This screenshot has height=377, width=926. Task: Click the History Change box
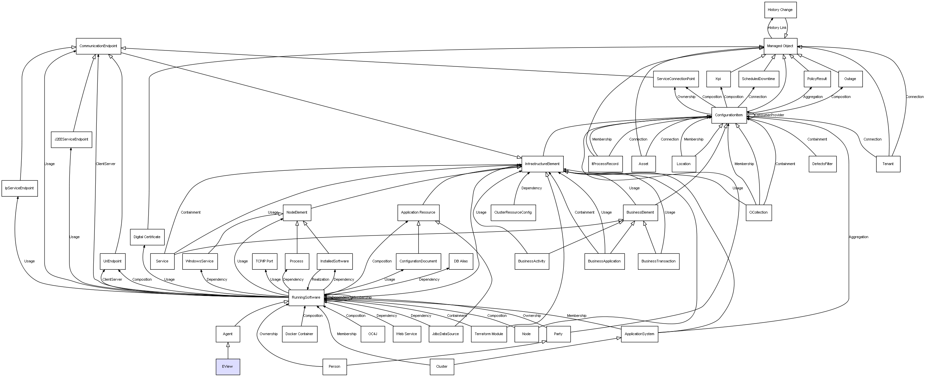pyautogui.click(x=780, y=10)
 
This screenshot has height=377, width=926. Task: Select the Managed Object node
pyautogui.click(x=780, y=46)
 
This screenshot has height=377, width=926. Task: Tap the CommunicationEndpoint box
pyautogui.click(x=98, y=46)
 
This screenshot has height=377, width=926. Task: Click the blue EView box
pyautogui.click(x=228, y=367)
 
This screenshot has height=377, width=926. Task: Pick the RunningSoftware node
pyautogui.click(x=306, y=298)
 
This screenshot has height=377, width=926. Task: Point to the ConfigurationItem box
pyautogui.click(x=729, y=115)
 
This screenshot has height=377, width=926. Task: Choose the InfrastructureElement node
pyautogui.click(x=542, y=164)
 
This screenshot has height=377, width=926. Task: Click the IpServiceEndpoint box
pyautogui.click(x=19, y=188)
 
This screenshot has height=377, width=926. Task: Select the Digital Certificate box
pyautogui.click(x=147, y=237)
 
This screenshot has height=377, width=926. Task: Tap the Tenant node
pyautogui.click(x=887, y=164)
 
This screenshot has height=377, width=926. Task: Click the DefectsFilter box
pyautogui.click(x=823, y=164)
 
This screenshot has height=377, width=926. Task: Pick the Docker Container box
pyautogui.click(x=299, y=334)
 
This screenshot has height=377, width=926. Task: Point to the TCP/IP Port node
pyautogui.click(x=264, y=261)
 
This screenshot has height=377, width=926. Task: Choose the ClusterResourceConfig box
pyautogui.click(x=513, y=212)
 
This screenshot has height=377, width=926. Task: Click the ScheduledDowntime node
pyautogui.click(x=758, y=79)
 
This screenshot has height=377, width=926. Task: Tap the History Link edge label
pyautogui.click(x=777, y=28)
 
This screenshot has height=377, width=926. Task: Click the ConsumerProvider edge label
pyautogui.click(x=769, y=115)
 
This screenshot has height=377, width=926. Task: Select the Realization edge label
pyautogui.click(x=320, y=280)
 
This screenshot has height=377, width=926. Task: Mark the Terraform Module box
pyautogui.click(x=489, y=334)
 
